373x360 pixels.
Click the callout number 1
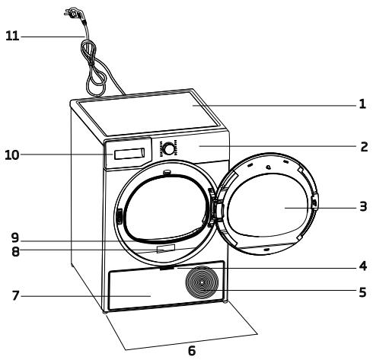(362, 105)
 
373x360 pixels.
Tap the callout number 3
(362, 206)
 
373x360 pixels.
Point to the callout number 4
(362, 266)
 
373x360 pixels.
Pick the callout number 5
(362, 291)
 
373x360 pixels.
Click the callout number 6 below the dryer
(191, 351)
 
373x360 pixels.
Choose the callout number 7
(14, 294)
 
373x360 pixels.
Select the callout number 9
(14, 237)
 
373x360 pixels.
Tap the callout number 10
(11, 155)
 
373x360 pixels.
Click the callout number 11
(11, 35)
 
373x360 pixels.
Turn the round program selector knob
(168, 148)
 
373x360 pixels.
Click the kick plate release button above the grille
(166, 267)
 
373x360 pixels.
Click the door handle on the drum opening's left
(119, 218)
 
